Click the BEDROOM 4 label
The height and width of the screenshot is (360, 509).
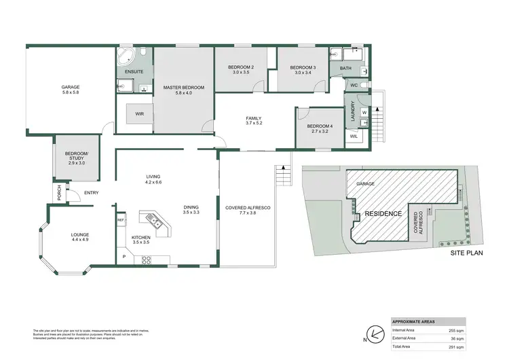click(x=320, y=126)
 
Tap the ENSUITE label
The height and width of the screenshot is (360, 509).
click(x=134, y=72)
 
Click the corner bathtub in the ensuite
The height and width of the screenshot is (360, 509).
click(x=127, y=56)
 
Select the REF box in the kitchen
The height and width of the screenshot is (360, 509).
click(x=120, y=220)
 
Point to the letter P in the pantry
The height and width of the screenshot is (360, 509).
click(x=124, y=256)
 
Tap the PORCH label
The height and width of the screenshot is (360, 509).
click(x=59, y=192)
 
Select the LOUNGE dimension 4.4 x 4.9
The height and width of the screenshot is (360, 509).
click(x=80, y=240)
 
